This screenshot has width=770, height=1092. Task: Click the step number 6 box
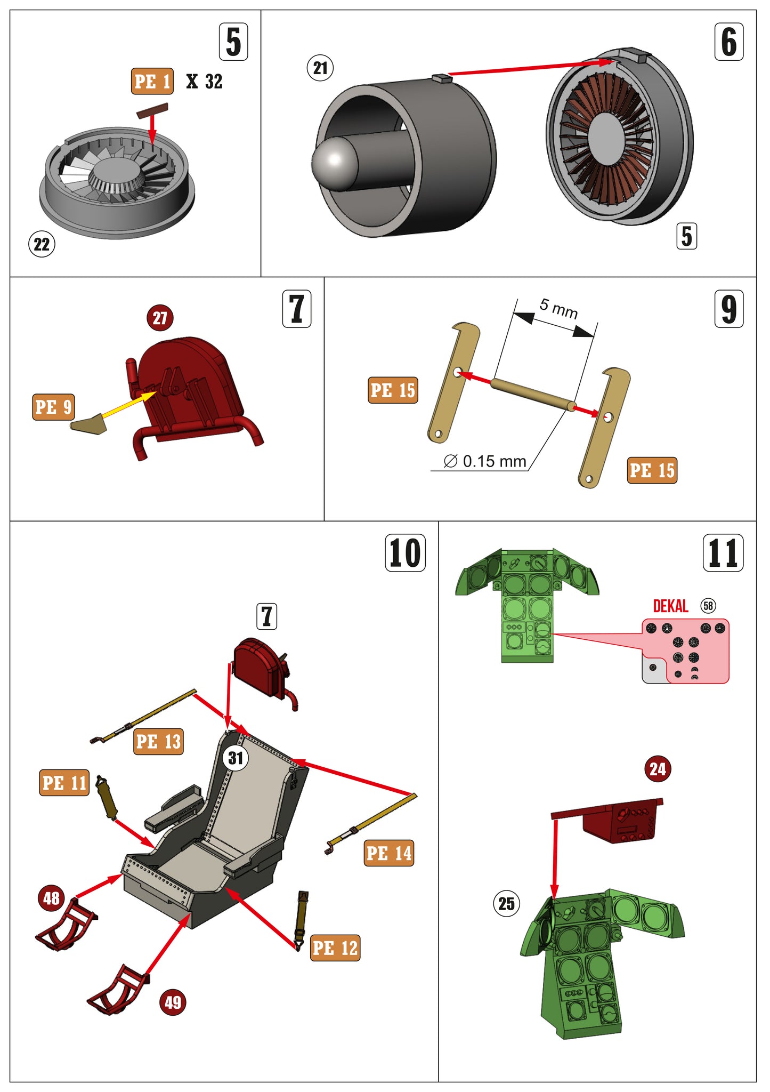(x=728, y=42)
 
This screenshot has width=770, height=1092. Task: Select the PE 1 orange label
(x=152, y=82)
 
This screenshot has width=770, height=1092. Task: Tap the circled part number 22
(x=42, y=244)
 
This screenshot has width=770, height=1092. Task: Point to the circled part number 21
(x=320, y=68)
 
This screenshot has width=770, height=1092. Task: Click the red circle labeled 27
(x=160, y=318)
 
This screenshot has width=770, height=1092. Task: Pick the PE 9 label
(x=53, y=407)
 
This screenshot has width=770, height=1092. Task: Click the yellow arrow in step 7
(x=128, y=407)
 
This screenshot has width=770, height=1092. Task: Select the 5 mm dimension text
(x=558, y=308)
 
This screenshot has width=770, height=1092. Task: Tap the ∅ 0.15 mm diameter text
(x=485, y=461)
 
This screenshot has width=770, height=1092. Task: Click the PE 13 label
(x=158, y=742)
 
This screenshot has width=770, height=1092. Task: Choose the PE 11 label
(x=64, y=783)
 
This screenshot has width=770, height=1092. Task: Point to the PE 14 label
(x=389, y=853)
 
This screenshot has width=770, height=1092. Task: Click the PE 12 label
(x=335, y=948)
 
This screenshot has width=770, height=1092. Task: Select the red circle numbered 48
(x=52, y=898)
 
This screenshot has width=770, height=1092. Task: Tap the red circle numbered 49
(x=173, y=1002)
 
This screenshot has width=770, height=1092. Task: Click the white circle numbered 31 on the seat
(x=236, y=758)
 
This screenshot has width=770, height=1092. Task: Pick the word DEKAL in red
(x=670, y=606)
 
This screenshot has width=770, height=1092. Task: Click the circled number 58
(x=708, y=606)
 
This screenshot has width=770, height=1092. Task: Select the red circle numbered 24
(x=658, y=769)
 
